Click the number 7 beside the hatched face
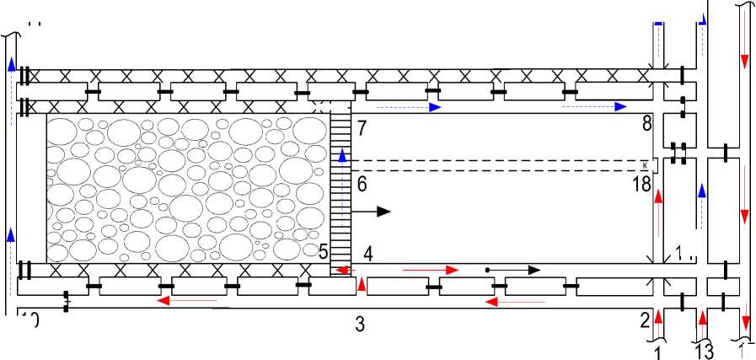[x=362, y=129]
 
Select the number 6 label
[x=362, y=184]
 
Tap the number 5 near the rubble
[x=323, y=251]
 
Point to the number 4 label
[x=368, y=252]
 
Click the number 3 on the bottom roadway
[x=360, y=323]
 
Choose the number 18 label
[x=643, y=183]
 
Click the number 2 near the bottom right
[x=646, y=319]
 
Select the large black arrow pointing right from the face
[x=372, y=212]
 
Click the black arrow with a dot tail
[x=513, y=270]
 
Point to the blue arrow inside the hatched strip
[x=342, y=157]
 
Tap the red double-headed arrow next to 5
[x=341, y=270]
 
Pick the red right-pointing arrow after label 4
[x=432, y=270]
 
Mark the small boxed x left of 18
[x=644, y=165]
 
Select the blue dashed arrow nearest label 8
[x=596, y=106]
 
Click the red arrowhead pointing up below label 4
[x=362, y=285]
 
